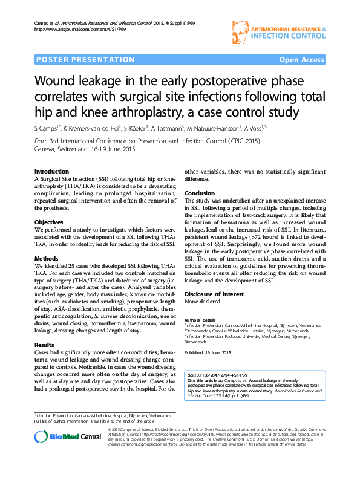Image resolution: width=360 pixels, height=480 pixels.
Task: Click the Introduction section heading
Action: click(51, 172)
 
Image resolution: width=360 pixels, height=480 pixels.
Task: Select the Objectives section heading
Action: click(48, 222)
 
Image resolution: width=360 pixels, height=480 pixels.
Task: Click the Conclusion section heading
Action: click(199, 193)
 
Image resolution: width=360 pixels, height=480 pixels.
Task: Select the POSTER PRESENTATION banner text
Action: click(74, 60)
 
